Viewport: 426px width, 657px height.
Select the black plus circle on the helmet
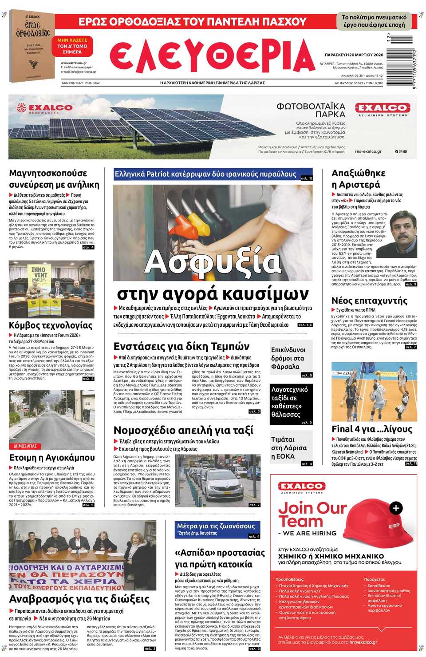[396, 508]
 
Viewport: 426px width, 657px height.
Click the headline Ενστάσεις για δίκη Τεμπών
[181, 347]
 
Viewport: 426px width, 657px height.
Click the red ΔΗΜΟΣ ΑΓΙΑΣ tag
[25, 446]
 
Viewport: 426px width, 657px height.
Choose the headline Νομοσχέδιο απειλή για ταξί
[183, 430]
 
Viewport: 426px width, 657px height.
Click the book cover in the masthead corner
[32, 46]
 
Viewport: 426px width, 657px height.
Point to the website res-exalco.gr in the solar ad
[368, 151]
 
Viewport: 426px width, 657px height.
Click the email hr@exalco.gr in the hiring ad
[363, 642]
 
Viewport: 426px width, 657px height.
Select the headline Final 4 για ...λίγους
[372, 429]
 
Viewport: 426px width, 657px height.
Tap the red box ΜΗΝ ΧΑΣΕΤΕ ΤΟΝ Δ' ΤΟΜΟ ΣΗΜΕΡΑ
[72, 46]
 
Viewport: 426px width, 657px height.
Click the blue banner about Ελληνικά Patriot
[213, 174]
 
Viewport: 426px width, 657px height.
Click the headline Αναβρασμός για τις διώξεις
[79, 599]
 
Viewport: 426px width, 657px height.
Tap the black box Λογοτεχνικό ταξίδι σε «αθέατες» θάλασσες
[291, 402]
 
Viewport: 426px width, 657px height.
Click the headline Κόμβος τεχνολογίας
[51, 325]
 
